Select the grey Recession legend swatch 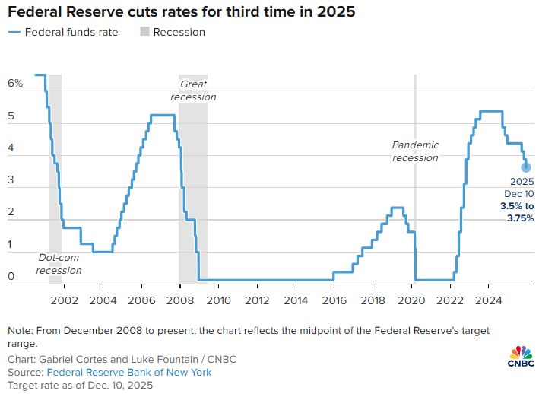144,32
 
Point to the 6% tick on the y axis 15,82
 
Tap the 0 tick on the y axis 11,277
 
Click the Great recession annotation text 192,91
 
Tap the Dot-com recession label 59,264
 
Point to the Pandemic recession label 415,151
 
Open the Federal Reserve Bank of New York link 129,373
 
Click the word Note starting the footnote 21,331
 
